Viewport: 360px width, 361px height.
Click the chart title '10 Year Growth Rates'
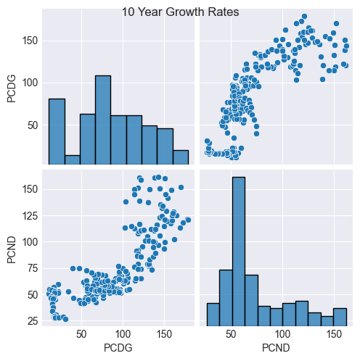(x=180, y=12)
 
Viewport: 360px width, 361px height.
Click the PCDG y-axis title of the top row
(x=11, y=89)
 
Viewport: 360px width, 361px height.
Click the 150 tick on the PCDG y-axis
(x=31, y=41)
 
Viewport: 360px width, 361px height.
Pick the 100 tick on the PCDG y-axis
(x=31, y=83)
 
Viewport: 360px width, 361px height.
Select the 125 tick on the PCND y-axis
(x=31, y=215)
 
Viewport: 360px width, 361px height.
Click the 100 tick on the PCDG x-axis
(x=122, y=335)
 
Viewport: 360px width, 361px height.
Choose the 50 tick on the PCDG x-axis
(x=81, y=335)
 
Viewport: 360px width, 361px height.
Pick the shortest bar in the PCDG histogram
(x=72, y=160)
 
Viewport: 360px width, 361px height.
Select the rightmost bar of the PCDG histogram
(x=181, y=157)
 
